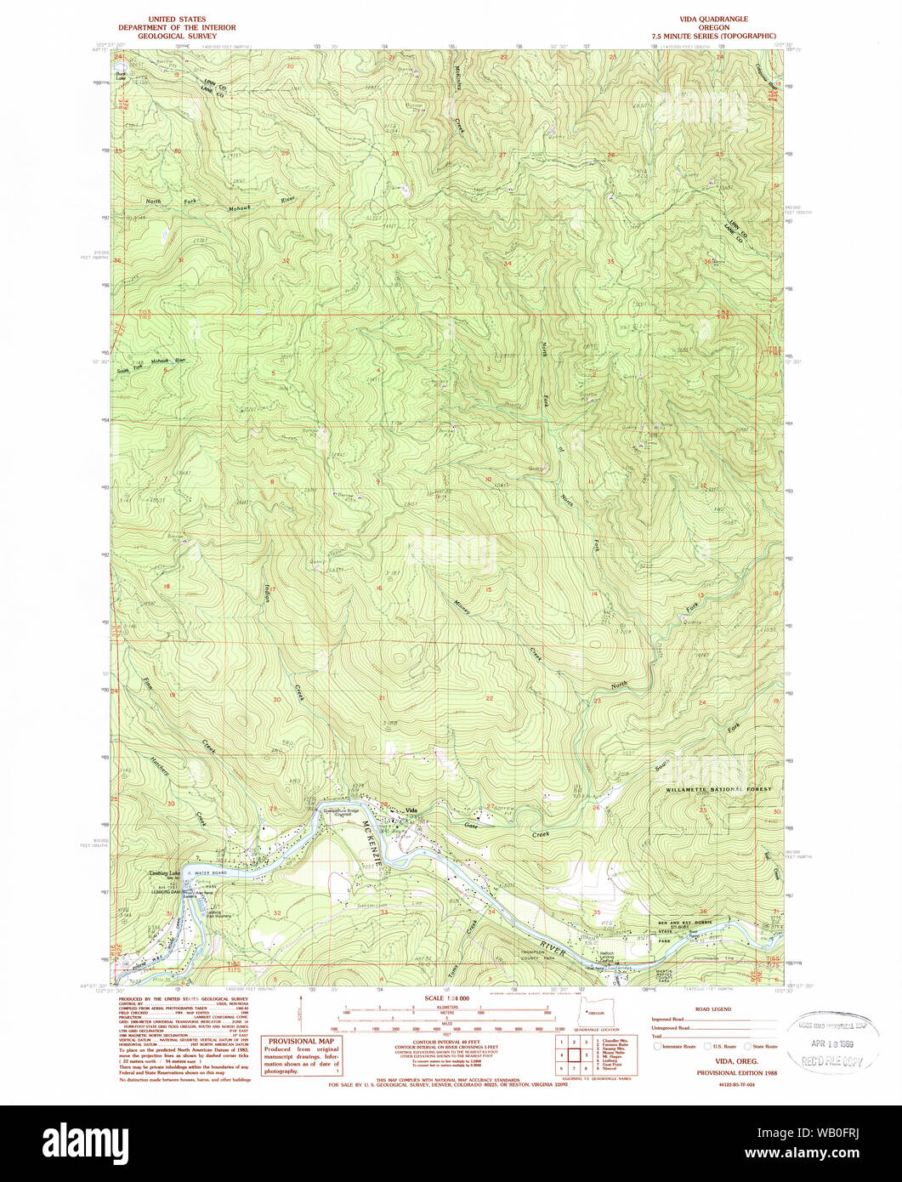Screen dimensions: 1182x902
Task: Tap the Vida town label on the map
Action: tap(414, 810)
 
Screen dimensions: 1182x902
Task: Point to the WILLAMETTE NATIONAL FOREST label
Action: tap(719, 790)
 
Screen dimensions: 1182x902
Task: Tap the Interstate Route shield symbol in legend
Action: tap(658, 1047)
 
